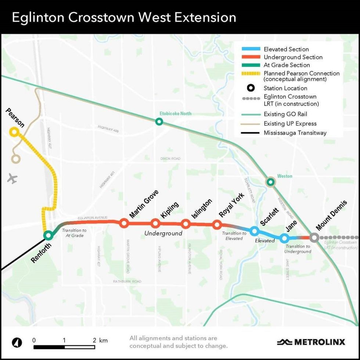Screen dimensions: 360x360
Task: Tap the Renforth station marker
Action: click(48, 235)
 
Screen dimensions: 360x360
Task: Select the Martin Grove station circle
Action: click(124, 223)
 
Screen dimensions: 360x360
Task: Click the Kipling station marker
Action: click(155, 223)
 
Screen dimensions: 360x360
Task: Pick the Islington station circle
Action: click(186, 223)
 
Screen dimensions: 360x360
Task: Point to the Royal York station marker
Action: click(217, 224)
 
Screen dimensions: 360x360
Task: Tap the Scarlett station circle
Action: click(254, 231)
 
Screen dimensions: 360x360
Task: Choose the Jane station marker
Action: click(284, 238)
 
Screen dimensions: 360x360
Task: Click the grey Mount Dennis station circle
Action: click(314, 237)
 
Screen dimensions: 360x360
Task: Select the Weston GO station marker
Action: click(270, 181)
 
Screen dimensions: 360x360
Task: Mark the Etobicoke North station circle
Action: click(159, 121)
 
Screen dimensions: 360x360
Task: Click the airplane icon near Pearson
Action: click(12, 179)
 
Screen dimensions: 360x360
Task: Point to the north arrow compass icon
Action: click(17, 343)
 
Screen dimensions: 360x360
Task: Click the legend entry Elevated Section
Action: click(286, 49)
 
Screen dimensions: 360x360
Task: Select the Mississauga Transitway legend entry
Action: click(295, 133)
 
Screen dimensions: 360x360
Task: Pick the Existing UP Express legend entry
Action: click(290, 124)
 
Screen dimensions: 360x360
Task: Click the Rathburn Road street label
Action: click(127, 281)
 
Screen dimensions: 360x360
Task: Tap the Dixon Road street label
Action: click(170, 159)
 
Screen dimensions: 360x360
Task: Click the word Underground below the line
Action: click(163, 233)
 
